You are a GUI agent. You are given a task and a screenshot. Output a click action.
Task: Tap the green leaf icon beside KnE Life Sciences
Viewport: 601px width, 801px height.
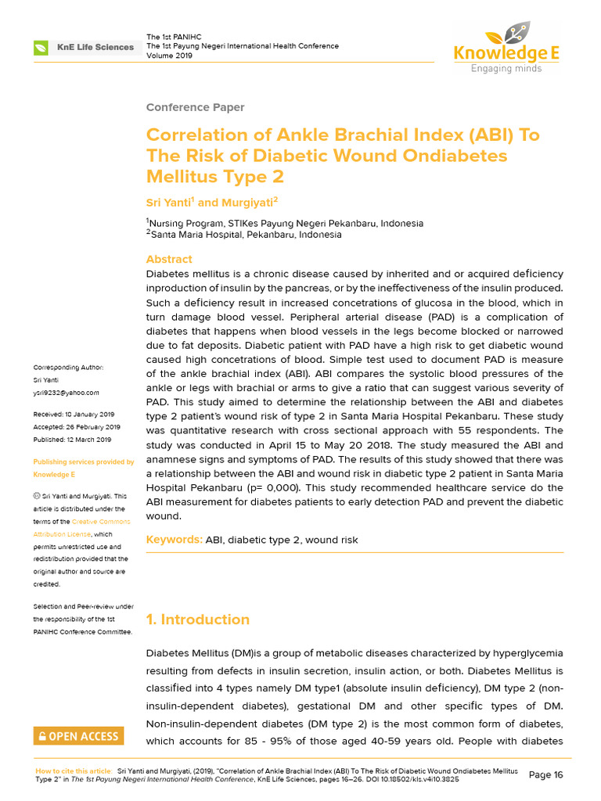40,48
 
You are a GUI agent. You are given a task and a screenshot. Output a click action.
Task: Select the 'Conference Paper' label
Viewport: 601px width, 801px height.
195,107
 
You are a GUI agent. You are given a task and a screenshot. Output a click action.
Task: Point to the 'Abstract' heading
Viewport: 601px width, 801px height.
169,259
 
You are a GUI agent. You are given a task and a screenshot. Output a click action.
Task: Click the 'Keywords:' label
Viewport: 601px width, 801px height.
175,540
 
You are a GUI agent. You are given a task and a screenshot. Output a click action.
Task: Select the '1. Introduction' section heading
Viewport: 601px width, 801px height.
198,620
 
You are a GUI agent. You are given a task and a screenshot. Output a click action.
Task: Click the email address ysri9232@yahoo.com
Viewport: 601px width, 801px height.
67,393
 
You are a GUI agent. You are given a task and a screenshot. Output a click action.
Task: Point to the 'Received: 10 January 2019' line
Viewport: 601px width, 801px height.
74,414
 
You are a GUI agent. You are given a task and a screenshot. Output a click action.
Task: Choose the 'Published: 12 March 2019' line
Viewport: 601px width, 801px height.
72,439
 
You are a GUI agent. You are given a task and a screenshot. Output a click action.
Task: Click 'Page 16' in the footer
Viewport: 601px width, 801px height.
545,774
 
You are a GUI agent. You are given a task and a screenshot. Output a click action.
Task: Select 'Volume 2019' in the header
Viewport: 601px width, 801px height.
169,56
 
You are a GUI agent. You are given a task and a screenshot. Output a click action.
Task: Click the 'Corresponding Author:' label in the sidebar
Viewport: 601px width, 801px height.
68,368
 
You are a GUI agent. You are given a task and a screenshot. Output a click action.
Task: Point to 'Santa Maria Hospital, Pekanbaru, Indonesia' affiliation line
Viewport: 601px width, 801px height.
246,235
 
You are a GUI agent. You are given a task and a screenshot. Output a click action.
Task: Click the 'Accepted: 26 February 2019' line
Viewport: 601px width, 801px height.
77,426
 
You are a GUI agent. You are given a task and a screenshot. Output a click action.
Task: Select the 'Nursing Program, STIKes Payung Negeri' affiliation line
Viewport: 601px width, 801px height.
286,223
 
